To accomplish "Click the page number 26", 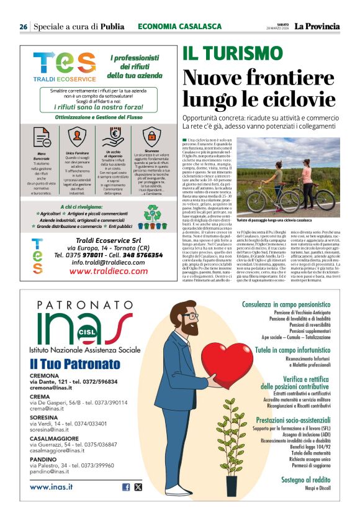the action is point(23,27).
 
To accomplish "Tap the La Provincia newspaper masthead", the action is point(317,27).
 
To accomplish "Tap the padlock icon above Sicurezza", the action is point(150,135).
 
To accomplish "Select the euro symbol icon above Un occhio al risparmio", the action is point(114,135).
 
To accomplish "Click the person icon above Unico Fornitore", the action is point(77,135).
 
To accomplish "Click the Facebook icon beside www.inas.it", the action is point(126,487).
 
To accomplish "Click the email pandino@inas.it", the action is point(50,471).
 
